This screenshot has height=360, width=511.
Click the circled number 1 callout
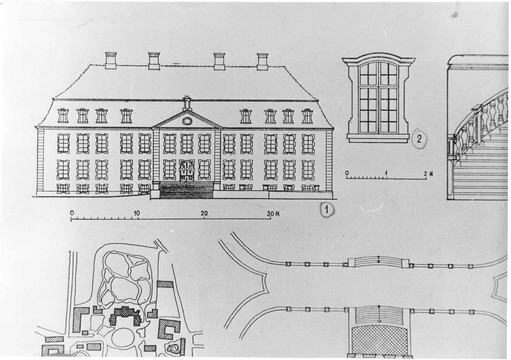(x=327, y=210)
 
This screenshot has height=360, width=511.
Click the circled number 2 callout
(x=419, y=139)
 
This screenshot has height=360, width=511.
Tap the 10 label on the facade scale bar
(x=137, y=213)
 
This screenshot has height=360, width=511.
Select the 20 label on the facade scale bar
(x=204, y=213)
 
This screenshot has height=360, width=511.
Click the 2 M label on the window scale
(x=428, y=174)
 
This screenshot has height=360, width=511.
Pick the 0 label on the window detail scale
(x=347, y=173)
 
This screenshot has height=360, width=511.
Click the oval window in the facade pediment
(x=187, y=121)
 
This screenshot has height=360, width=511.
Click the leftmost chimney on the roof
(x=111, y=60)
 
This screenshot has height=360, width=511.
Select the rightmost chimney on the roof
(x=262, y=61)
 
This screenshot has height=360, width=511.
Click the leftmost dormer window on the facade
(x=63, y=115)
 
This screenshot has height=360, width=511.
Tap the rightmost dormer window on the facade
(x=307, y=116)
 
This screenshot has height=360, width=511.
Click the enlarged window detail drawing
(x=379, y=100)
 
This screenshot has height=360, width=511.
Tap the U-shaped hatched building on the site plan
(x=170, y=329)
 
